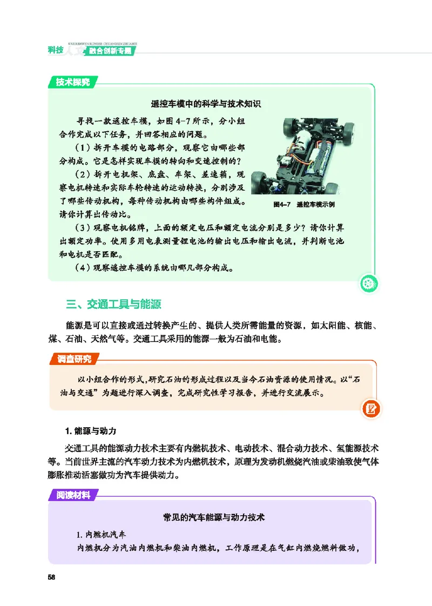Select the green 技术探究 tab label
73,82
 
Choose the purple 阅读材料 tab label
74,494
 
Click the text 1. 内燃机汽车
102,535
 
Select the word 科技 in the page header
56,50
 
